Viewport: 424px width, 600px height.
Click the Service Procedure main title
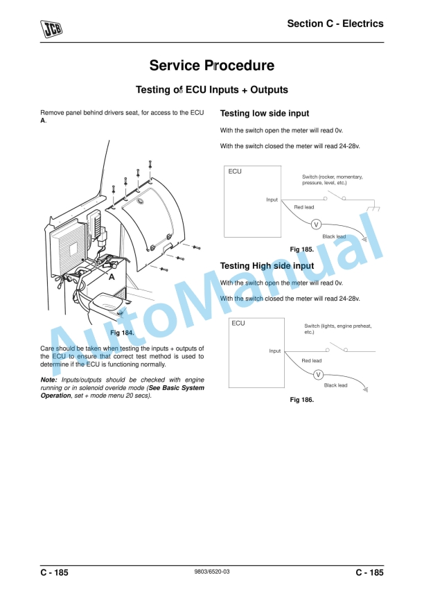pyautogui.click(x=211, y=66)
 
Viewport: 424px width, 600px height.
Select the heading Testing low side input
pyautogui.click(x=264, y=114)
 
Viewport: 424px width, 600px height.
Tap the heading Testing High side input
pyautogui.click(x=267, y=266)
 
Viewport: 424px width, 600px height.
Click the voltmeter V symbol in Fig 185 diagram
pyautogui.click(x=316, y=224)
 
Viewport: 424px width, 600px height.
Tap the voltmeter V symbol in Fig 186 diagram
pyautogui.click(x=318, y=374)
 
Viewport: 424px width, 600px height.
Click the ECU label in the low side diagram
pyautogui.click(x=235, y=172)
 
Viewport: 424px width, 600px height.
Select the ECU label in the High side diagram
pyautogui.click(x=238, y=324)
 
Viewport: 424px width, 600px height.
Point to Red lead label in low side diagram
pyautogui.click(x=303, y=207)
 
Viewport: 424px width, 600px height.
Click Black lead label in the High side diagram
pyautogui.click(x=335, y=385)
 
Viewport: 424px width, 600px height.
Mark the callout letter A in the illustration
pyautogui.click(x=110, y=276)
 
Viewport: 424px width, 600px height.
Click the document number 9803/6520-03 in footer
pyautogui.click(x=211, y=572)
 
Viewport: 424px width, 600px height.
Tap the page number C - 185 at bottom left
pyautogui.click(x=54, y=572)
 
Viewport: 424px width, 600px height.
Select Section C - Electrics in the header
pyautogui.click(x=335, y=24)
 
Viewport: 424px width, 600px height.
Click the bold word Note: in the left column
pyautogui.click(x=48, y=380)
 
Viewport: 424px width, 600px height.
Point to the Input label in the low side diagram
pyautogui.click(x=272, y=200)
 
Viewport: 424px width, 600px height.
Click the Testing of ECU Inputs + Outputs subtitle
pyautogui.click(x=211, y=90)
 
